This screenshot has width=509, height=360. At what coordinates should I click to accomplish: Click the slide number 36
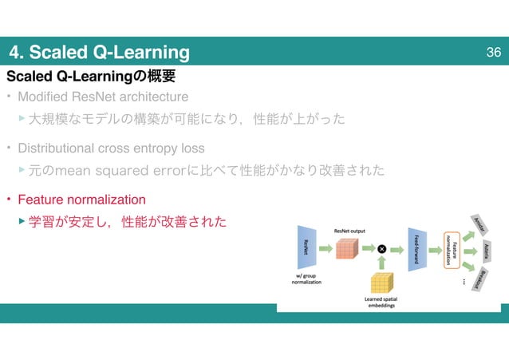click(492, 53)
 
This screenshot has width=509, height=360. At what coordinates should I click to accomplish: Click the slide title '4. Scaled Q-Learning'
click(100, 53)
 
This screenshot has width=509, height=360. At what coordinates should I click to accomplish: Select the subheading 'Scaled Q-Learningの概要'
click(90, 77)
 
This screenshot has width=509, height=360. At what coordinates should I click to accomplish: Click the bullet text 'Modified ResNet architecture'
click(103, 97)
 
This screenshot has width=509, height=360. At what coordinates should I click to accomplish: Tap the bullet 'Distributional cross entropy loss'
click(111, 148)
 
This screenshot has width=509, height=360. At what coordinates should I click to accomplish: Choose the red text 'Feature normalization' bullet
click(81, 199)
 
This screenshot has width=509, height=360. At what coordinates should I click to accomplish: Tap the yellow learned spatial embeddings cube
click(382, 283)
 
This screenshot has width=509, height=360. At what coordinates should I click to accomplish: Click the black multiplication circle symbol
click(382, 248)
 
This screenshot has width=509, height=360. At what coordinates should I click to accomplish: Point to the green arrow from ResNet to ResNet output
click(326, 248)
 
